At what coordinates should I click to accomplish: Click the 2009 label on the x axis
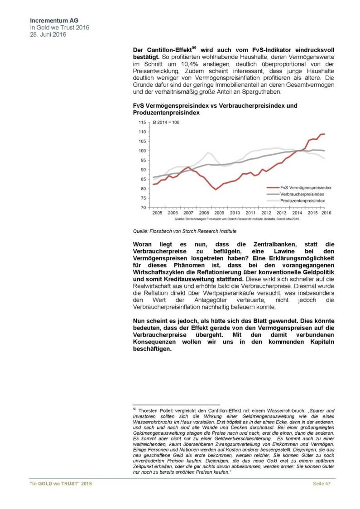(219, 213)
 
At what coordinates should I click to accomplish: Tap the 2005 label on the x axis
(157, 213)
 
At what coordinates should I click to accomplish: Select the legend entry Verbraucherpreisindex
(302, 193)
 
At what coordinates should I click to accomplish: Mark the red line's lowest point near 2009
(216, 189)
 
